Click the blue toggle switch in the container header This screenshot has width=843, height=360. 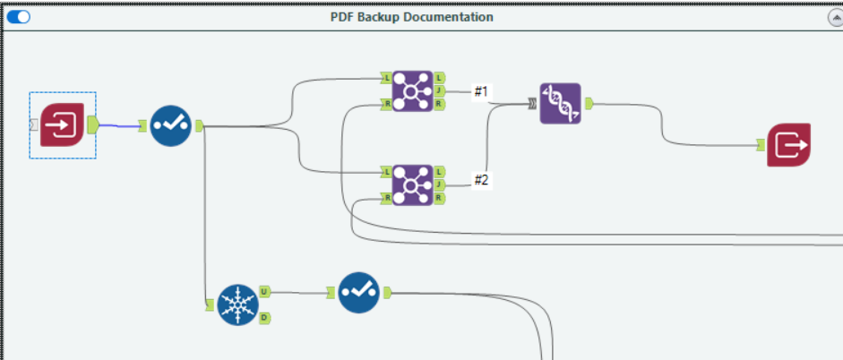18,17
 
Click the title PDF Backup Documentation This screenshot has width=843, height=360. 411,17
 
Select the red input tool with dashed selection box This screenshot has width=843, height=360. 62,124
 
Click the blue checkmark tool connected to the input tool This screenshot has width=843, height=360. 170,125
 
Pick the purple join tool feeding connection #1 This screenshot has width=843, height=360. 412,91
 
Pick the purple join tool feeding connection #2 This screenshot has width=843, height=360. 412,184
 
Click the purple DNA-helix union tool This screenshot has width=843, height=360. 560,104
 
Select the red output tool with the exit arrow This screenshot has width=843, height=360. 788,144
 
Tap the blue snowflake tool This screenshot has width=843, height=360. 237,304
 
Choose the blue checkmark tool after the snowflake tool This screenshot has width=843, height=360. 358,292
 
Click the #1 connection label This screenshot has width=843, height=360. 481,90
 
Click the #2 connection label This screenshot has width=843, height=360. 481,180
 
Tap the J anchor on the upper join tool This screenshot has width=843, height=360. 440,91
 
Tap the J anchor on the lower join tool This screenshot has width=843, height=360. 440,184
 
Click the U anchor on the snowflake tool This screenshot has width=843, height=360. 265,291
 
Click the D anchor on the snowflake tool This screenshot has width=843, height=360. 265,317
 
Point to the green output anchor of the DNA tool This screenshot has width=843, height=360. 589,104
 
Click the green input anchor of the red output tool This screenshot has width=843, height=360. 761,144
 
